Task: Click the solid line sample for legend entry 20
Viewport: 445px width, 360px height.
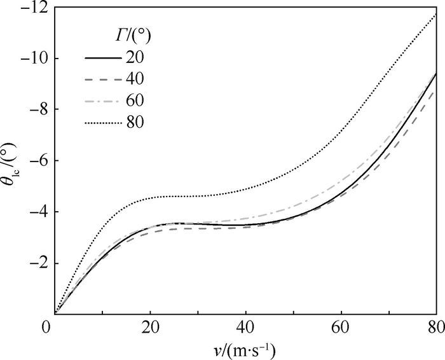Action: tap(103, 57)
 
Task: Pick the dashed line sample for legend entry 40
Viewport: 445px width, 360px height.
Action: tap(103, 78)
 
